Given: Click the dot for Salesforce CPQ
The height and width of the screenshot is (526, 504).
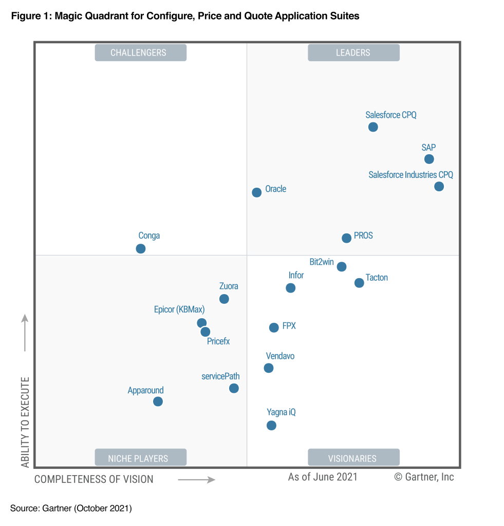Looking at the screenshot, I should pyautogui.click(x=373, y=127).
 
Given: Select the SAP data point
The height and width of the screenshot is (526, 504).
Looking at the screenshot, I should pyautogui.click(x=429, y=159).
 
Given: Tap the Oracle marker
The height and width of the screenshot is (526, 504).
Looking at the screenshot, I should pyautogui.click(x=257, y=192).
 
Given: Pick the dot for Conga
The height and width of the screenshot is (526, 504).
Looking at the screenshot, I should pyautogui.click(x=141, y=248).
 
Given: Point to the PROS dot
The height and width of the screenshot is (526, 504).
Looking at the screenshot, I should pyautogui.click(x=346, y=238).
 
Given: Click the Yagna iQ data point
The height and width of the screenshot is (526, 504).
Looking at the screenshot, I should pyautogui.click(x=271, y=425).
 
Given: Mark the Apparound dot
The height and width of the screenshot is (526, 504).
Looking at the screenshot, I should pyautogui.click(x=158, y=401).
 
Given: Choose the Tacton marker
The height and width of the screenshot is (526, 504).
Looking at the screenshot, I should pyautogui.click(x=359, y=282).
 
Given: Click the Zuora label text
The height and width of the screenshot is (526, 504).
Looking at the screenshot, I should pyautogui.click(x=229, y=286).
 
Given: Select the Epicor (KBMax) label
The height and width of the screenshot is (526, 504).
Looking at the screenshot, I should pyautogui.click(x=179, y=310).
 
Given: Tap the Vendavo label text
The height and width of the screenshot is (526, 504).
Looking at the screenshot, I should pyautogui.click(x=280, y=356).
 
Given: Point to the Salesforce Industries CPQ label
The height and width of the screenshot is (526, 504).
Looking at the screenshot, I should pyautogui.click(x=410, y=175).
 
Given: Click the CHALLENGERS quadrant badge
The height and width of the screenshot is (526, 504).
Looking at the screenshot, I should pyautogui.click(x=140, y=52).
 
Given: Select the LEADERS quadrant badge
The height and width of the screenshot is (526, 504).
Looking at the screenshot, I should pyautogui.click(x=353, y=52).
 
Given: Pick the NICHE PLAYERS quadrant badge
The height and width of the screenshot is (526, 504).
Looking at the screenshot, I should pyautogui.click(x=140, y=458).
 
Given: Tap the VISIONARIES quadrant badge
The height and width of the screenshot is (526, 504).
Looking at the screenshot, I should pyautogui.click(x=353, y=458).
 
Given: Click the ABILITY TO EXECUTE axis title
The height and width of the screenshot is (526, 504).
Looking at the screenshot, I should pyautogui.click(x=25, y=422).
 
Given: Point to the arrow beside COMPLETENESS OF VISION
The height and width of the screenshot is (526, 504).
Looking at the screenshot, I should pyautogui.click(x=196, y=480).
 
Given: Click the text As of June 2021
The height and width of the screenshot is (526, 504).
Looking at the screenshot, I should pyautogui.click(x=323, y=477).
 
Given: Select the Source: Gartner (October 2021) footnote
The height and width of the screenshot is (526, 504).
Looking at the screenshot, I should pyautogui.click(x=71, y=509).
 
